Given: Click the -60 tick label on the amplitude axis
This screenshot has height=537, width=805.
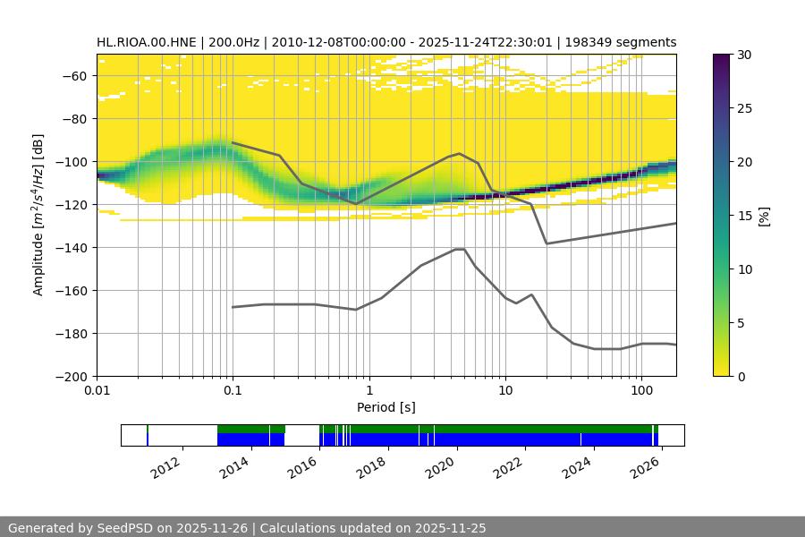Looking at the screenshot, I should click(x=73, y=75).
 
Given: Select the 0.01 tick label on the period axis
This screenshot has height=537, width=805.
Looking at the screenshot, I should click(x=97, y=391).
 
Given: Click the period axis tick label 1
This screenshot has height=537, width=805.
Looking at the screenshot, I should click(x=369, y=391).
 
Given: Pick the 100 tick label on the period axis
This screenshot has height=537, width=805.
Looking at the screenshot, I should click(x=640, y=391).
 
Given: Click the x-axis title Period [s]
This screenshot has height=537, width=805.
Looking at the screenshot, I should click(x=386, y=408).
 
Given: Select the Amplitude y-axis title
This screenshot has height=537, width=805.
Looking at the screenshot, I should click(x=38, y=215).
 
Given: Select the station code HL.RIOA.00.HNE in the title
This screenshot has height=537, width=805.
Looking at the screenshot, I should click(x=148, y=42).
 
